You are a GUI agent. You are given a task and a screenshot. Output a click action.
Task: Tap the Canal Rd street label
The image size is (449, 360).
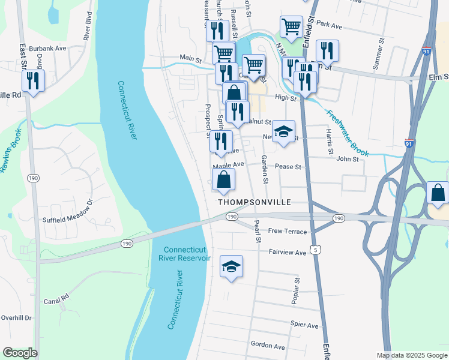(x=56, y=296)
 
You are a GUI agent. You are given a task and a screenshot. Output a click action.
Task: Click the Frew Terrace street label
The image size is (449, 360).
(x=288, y=232)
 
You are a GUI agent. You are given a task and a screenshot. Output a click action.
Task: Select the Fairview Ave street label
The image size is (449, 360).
(x=288, y=253)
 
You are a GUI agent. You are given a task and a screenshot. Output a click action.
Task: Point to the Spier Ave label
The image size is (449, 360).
(x=304, y=325)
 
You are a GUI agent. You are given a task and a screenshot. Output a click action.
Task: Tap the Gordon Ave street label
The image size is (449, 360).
(x=268, y=346)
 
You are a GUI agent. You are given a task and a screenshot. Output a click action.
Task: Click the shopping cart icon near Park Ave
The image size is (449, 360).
(x=291, y=27)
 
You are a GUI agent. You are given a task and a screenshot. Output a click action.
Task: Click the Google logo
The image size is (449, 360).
(x=20, y=353)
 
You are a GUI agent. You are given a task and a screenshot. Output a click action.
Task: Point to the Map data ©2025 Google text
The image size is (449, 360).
(x=411, y=355)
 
